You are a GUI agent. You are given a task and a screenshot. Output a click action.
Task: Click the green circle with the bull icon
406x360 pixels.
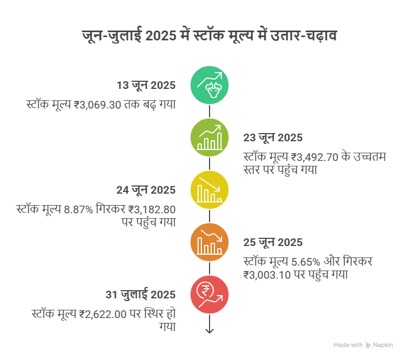coord(210,85)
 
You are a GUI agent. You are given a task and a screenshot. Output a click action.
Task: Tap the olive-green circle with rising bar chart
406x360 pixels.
coord(210,137)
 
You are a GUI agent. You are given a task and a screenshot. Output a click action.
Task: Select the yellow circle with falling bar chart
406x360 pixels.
coord(210,190)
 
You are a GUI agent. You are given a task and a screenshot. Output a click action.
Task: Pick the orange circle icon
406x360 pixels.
coord(210,242)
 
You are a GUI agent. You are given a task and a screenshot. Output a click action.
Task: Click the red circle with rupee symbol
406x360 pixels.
coord(210,295)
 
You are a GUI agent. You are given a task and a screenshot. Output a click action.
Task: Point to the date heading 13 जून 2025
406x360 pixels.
coord(146,86)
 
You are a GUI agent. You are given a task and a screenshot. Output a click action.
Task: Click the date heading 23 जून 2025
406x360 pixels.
coord(273,137)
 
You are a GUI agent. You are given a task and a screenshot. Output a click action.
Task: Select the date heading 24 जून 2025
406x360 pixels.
coord(146,190)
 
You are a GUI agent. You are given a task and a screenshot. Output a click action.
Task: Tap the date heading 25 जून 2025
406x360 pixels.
coord(273,243)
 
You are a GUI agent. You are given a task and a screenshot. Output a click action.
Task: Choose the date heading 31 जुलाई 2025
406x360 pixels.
coord(141,294)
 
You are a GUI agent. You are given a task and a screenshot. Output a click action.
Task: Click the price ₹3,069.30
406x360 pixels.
coord(97,105)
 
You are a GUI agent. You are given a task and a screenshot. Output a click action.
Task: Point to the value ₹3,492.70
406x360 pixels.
coord(315,157)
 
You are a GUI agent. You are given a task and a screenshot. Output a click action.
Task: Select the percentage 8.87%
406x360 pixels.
coord(78,209)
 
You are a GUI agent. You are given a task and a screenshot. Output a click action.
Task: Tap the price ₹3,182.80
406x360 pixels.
coord(152,209)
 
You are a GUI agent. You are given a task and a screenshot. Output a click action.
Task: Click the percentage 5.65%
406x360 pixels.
coord(306,262)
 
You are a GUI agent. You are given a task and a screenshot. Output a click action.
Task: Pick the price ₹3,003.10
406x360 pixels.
coord(267,275)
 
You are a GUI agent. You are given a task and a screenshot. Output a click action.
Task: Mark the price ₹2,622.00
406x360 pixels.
coord(103,314)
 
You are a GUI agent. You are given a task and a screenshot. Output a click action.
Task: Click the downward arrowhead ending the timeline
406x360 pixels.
coord(210,331)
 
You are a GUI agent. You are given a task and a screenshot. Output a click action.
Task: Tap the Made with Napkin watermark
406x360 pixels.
coord(363,345)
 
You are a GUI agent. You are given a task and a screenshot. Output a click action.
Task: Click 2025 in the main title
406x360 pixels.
coord(161,35)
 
